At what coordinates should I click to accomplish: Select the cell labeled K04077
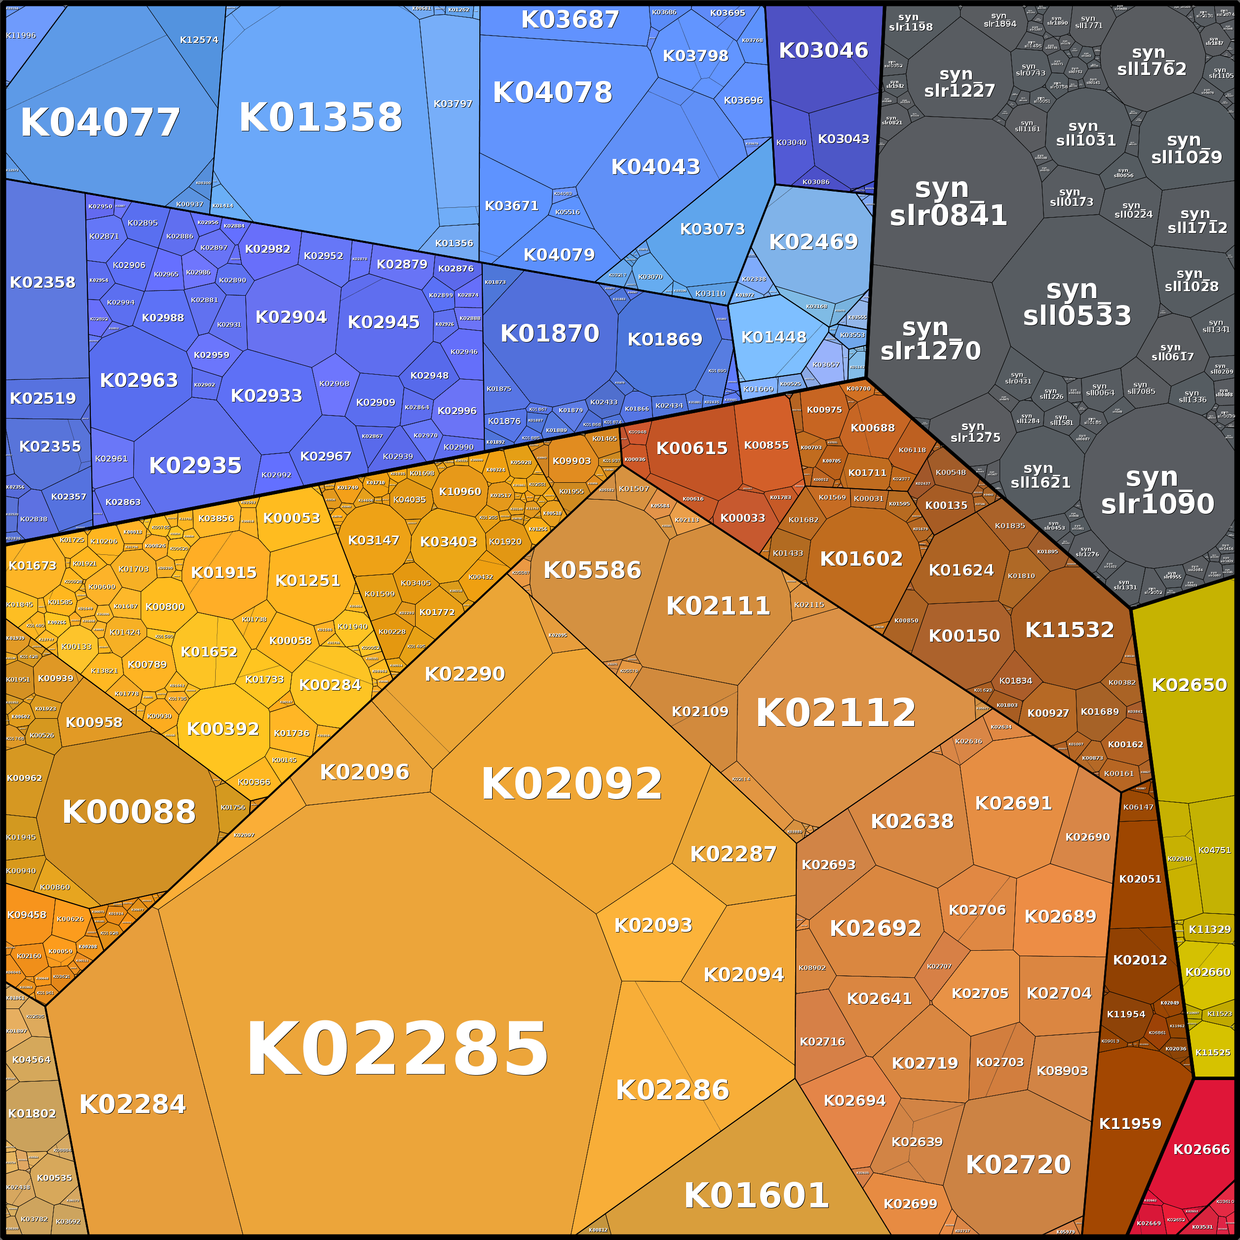pyautogui.click(x=100, y=122)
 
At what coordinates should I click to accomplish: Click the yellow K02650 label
pyautogui.click(x=1189, y=685)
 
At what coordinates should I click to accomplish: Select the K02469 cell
pyautogui.click(x=813, y=241)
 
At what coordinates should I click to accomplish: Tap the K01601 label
pyautogui.click(x=756, y=1195)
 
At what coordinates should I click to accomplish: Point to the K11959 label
pyautogui.click(x=1130, y=1123)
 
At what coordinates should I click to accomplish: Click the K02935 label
pyautogui.click(x=195, y=465)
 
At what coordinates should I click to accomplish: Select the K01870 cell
pyautogui.click(x=549, y=333)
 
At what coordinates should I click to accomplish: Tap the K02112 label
pyautogui.click(x=836, y=712)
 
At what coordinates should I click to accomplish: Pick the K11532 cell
pyautogui.click(x=1069, y=630)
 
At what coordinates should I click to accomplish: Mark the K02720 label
pyautogui.click(x=1018, y=1164)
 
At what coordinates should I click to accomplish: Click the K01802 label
pyautogui.click(x=32, y=1114)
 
